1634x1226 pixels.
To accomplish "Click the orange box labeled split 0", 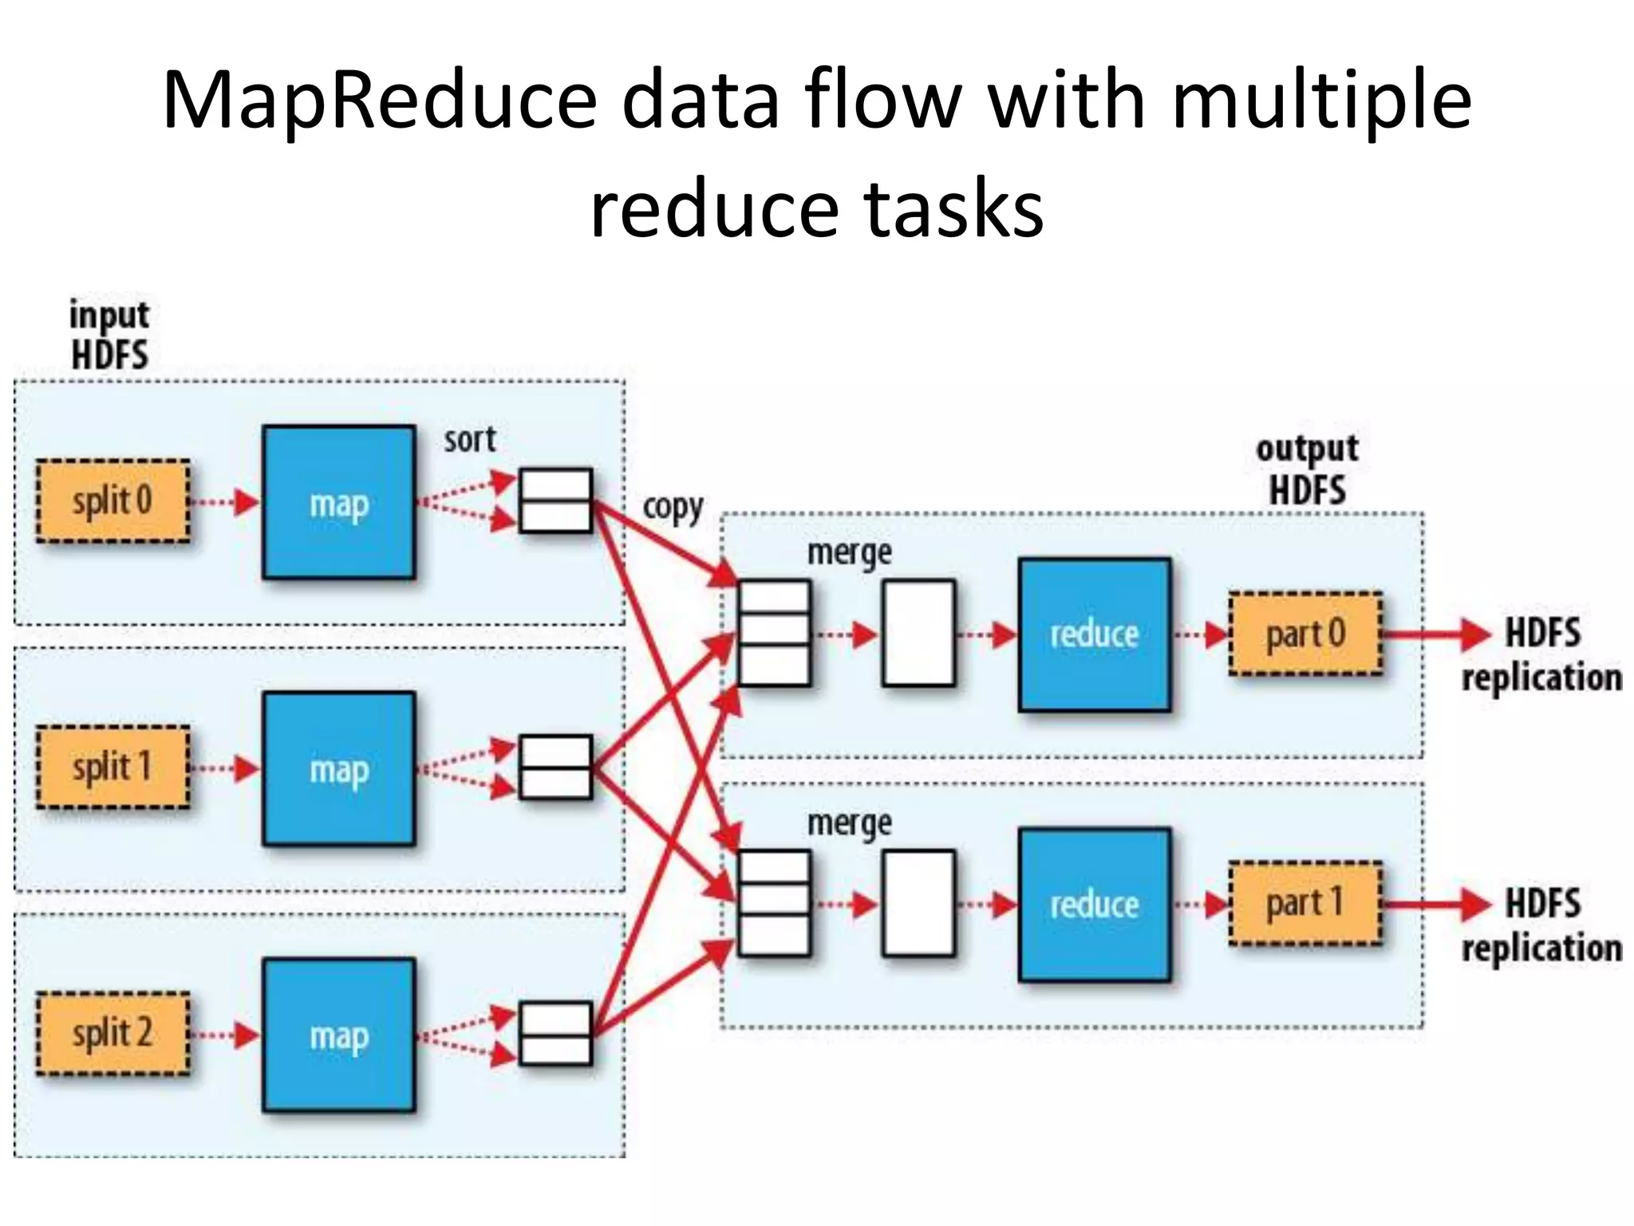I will (x=112, y=501).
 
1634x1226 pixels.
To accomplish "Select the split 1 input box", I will (x=112, y=767).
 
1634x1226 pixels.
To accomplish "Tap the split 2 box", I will (x=112, y=1033).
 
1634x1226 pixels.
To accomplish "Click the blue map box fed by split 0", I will (x=339, y=503).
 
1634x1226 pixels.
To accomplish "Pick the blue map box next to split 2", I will (x=339, y=1035).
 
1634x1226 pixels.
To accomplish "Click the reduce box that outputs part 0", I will (x=1094, y=635).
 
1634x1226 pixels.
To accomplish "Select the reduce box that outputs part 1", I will (x=1094, y=904).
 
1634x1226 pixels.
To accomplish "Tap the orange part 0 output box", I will (x=1305, y=635).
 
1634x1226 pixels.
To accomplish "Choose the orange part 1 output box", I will (x=1305, y=904).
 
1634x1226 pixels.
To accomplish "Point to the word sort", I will (x=470, y=440).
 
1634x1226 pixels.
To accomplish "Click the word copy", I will (x=673, y=508).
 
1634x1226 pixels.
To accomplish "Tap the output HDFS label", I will (x=1307, y=470).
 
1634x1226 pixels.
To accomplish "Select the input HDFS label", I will (x=109, y=335).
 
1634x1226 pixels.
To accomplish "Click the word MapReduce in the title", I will (x=379, y=100).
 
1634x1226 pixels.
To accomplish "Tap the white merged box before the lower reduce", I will (x=918, y=904).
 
